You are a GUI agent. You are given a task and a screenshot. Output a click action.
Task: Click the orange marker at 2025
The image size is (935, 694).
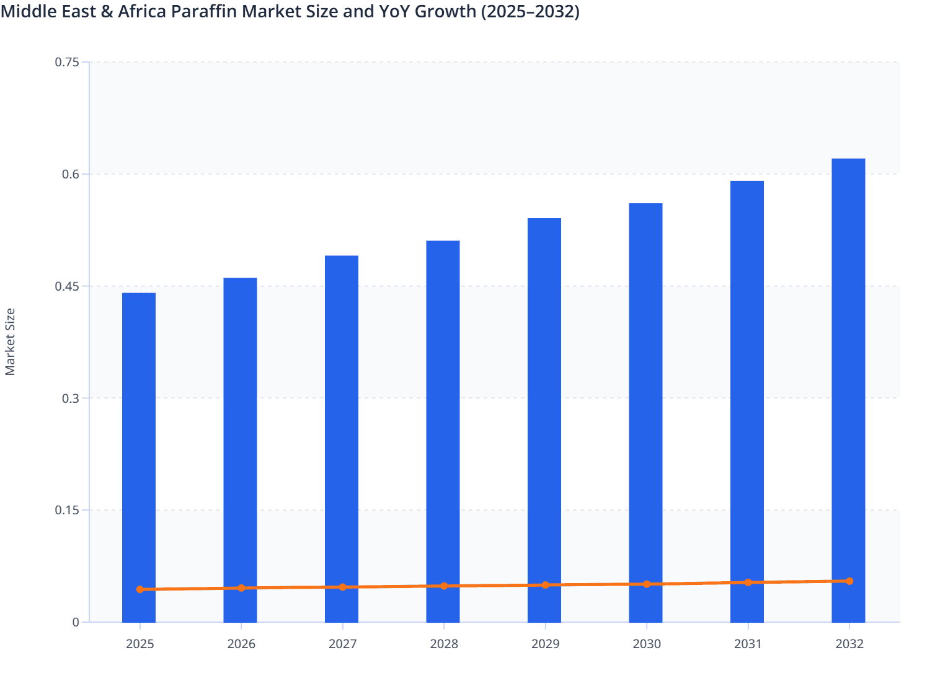pyautogui.click(x=140, y=589)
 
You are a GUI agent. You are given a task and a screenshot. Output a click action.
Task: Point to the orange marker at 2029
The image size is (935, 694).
pyautogui.click(x=546, y=585)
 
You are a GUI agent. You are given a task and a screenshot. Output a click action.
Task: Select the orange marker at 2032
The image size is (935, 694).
pyautogui.click(x=849, y=581)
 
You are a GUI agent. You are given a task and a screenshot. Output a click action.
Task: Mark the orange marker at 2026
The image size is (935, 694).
pyautogui.click(x=241, y=588)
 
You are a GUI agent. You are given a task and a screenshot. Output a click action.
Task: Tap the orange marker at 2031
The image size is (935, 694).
pyautogui.click(x=748, y=582)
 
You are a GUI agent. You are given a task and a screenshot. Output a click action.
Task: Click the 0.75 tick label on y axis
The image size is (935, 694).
pyautogui.click(x=67, y=62)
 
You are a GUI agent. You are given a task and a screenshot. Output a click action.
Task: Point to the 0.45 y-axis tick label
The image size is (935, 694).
pyautogui.click(x=67, y=286)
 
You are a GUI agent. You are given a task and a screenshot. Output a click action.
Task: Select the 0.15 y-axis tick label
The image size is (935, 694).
pyautogui.click(x=67, y=510)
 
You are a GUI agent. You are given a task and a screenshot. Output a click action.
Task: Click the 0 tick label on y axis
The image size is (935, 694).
pyautogui.click(x=76, y=622)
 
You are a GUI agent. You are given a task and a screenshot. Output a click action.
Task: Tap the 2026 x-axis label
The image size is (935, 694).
pyautogui.click(x=241, y=644)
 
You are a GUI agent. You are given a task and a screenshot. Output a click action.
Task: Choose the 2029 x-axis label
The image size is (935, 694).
pyautogui.click(x=546, y=644)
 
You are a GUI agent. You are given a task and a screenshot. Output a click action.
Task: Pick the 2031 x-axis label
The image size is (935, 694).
pyautogui.click(x=748, y=644)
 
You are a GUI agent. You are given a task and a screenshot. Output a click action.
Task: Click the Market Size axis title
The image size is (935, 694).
pyautogui.click(x=11, y=341)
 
